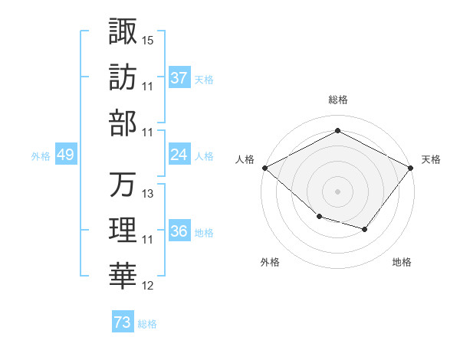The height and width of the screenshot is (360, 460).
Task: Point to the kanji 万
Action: pyautogui.click(x=123, y=185)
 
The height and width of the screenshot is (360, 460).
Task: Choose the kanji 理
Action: pyautogui.click(x=123, y=231)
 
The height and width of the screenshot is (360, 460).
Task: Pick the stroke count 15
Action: pyautogui.click(x=148, y=39)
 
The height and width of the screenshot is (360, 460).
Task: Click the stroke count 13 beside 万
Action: pyautogui.click(x=148, y=194)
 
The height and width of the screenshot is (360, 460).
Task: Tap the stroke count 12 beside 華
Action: pyautogui.click(x=148, y=286)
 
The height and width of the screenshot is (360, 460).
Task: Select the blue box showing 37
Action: pyautogui.click(x=179, y=77)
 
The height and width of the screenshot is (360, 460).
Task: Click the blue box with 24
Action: pyautogui.click(x=179, y=155)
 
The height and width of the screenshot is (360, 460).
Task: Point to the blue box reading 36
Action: pyautogui.click(x=179, y=231)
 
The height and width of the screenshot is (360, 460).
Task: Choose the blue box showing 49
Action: pyautogui.click(x=65, y=155)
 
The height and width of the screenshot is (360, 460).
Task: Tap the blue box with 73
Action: pyautogui.click(x=122, y=322)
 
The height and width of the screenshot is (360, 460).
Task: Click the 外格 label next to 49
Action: pyautogui.click(x=41, y=155)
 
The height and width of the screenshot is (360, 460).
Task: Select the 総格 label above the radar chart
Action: pyautogui.click(x=337, y=100)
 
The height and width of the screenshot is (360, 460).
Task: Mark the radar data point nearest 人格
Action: pyautogui.click(x=264, y=167)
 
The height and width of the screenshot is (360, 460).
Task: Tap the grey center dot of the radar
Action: pyautogui.click(x=337, y=191)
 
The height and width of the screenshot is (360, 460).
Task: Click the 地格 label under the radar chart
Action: pyautogui.click(x=402, y=262)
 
